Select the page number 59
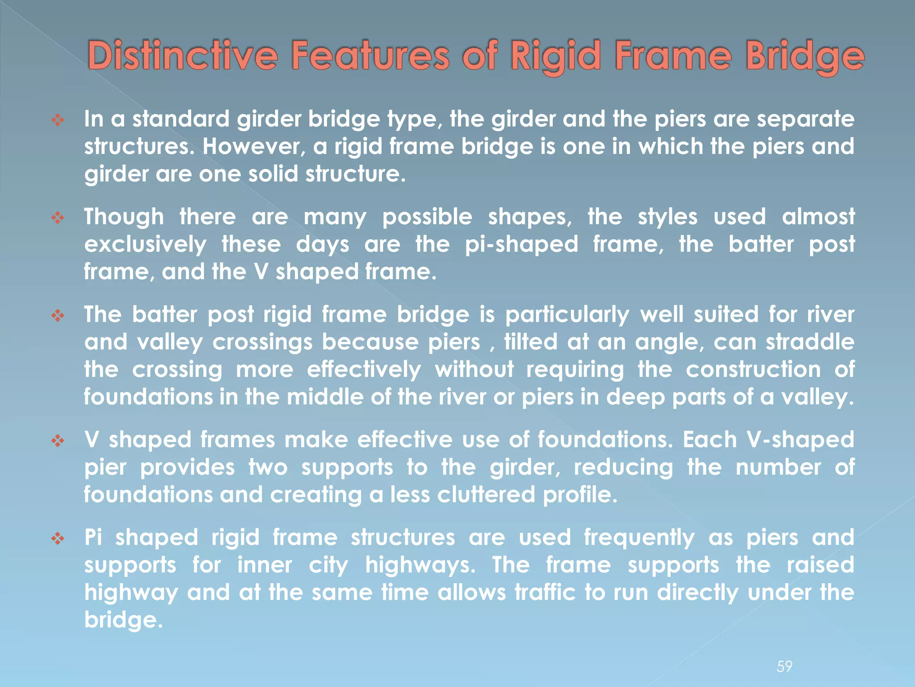point(784,666)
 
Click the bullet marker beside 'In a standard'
point(58,119)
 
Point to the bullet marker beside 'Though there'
point(58,218)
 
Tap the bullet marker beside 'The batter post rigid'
point(58,316)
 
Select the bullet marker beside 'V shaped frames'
point(58,441)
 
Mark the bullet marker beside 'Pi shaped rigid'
point(58,539)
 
